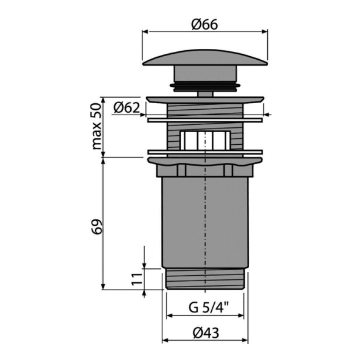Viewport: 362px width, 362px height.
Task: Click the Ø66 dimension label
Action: pos(205,24)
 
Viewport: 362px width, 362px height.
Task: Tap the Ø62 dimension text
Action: pos(127,107)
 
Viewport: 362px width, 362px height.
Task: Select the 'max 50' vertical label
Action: pos(97,126)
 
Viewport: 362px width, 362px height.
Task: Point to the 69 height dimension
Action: pos(97,226)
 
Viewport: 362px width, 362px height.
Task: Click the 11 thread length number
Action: pos(137,279)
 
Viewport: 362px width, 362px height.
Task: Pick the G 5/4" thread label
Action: pos(209,307)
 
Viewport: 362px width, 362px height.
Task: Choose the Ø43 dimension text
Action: pos(206,333)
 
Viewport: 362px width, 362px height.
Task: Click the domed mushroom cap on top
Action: pos(205,57)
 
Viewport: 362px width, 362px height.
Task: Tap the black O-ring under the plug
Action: pos(205,86)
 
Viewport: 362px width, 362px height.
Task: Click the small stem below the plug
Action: pos(205,94)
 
